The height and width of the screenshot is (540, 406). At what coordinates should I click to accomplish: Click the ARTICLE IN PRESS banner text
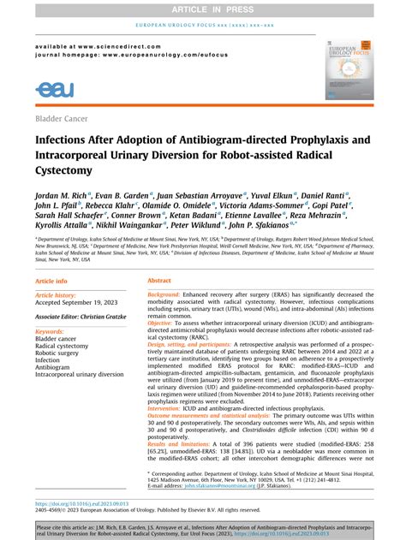click(x=202, y=9)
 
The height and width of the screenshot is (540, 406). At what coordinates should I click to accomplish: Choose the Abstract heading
click(x=160, y=305)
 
